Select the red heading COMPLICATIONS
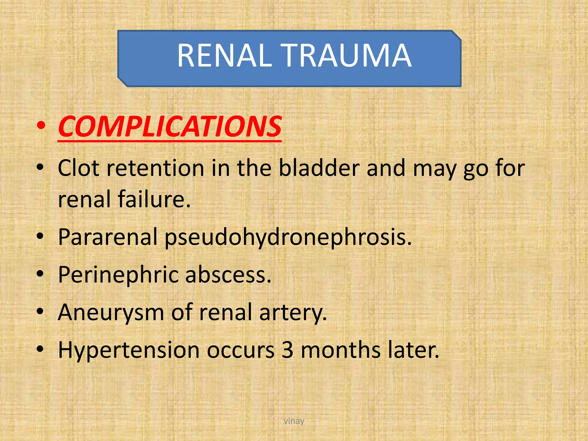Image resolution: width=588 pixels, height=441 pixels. (x=170, y=127)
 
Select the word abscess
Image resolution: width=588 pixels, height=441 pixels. (x=228, y=275)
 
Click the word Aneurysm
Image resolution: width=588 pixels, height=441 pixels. (x=111, y=312)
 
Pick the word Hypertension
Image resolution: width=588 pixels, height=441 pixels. (x=129, y=350)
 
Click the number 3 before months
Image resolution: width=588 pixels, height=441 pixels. (x=287, y=350)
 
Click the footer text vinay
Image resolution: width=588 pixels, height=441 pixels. (x=294, y=421)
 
